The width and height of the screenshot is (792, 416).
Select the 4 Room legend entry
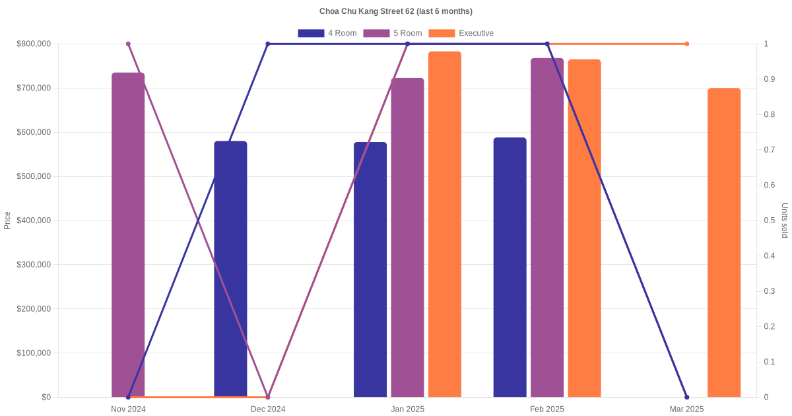pos(327,33)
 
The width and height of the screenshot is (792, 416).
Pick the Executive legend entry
pos(461,33)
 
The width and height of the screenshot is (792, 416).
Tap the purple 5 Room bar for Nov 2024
pos(128,234)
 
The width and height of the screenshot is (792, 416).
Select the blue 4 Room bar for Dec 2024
pos(230,269)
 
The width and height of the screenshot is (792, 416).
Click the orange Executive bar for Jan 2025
pos(445,225)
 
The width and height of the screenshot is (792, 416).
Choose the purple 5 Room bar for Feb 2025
pos(547,227)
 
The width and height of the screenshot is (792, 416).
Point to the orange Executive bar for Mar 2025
pos(724,242)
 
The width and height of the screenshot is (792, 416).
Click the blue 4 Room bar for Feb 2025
pos(510,267)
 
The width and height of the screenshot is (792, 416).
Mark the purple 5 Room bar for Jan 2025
pos(407,238)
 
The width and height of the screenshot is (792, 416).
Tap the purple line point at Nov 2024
pos(128,44)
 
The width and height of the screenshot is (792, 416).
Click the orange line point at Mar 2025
pos(686,44)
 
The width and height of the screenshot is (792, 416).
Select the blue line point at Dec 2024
pos(268,44)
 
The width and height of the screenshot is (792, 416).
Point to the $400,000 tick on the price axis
pos(34,221)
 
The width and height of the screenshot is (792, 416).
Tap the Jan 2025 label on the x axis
pos(407,409)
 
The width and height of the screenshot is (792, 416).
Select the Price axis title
pos(7,221)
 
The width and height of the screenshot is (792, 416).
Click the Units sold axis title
pos(785,221)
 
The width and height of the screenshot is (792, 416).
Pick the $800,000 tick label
pos(34,44)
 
